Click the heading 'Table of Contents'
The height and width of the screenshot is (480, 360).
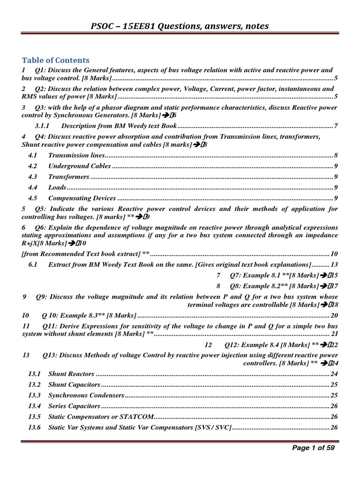(x=56, y=60)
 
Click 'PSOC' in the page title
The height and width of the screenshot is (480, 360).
(x=104, y=26)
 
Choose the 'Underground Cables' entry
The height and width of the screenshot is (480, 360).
(x=79, y=166)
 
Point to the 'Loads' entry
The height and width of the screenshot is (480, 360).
(x=57, y=188)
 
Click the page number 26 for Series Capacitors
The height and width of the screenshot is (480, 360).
(x=334, y=406)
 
